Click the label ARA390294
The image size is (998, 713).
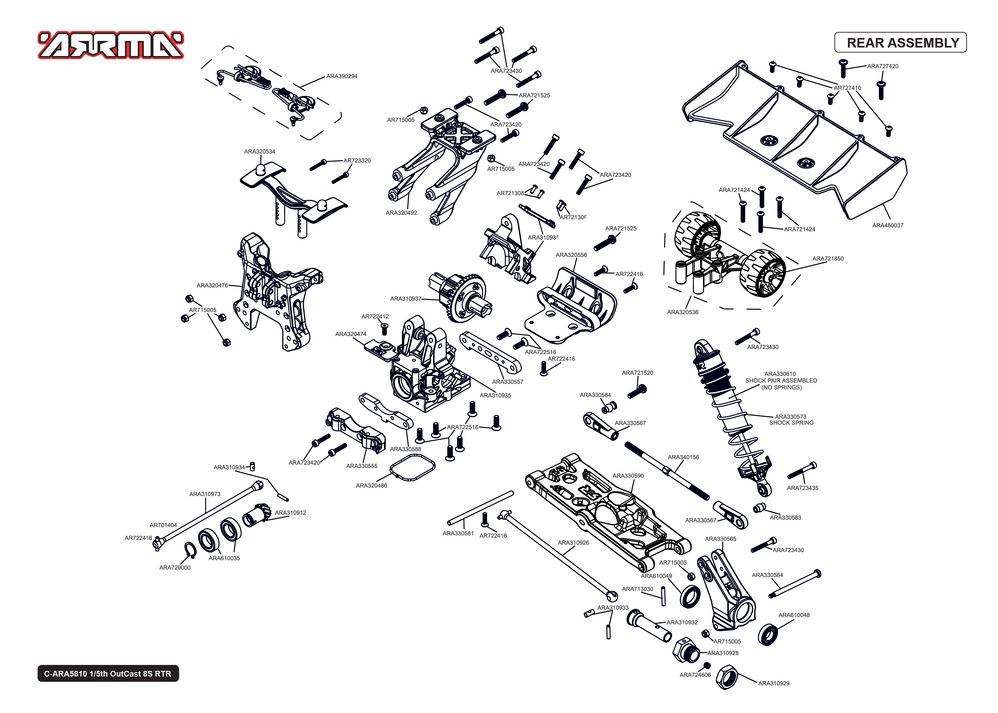pos(341,76)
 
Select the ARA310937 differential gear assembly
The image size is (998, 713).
pos(461,296)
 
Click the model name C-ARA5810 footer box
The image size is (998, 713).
pos(108,673)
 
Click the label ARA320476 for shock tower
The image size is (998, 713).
pos(212,285)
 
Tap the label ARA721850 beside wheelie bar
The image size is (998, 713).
pos(827,258)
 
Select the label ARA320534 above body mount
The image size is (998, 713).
pos(259,151)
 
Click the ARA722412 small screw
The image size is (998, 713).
pos(385,329)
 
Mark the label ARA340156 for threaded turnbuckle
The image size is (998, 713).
pos(683,457)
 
